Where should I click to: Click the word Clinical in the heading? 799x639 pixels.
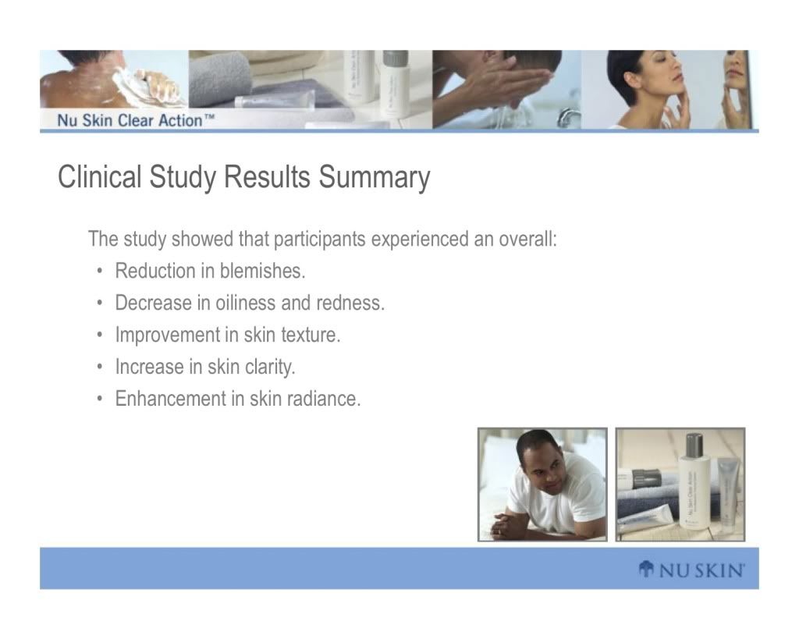(99, 177)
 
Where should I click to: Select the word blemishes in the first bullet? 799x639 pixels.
(262, 271)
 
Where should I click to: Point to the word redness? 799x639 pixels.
(350, 303)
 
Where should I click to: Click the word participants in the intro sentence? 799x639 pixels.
(319, 240)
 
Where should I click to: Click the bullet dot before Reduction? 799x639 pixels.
(100, 272)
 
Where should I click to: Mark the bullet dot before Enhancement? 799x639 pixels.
(100, 399)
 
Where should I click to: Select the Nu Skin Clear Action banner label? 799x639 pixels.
(136, 121)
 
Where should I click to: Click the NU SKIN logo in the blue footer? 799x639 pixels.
(691, 570)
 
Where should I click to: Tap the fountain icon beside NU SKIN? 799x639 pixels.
(646, 570)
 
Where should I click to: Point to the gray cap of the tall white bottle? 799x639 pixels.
(694, 445)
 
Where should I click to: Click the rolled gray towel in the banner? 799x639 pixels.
(220, 79)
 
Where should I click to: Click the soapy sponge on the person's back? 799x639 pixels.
(147, 85)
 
